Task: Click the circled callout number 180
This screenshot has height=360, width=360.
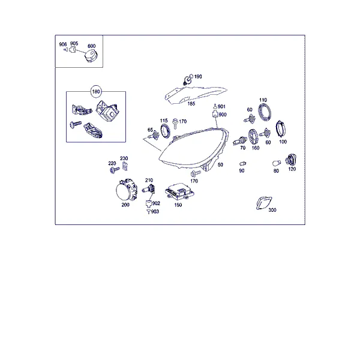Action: pos(96,92)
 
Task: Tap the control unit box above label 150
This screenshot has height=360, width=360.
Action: pos(179,191)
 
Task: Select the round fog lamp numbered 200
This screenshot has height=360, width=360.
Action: pos(127,190)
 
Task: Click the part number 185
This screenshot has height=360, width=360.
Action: pos(191,104)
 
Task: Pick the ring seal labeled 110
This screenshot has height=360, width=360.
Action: pos(265,112)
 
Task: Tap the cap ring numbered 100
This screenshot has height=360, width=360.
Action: pos(281,129)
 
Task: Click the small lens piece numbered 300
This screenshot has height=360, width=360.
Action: pos(263,203)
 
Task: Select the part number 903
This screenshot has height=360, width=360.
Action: pos(155,211)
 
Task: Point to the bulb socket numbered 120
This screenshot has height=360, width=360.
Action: pos(291,160)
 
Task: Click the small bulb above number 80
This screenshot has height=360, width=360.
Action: pos(277,163)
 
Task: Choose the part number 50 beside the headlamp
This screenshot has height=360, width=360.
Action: pos(220,164)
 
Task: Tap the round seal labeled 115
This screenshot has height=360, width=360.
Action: pos(166,131)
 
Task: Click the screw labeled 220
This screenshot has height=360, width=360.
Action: pos(115,170)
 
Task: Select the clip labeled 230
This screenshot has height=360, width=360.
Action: pos(125,166)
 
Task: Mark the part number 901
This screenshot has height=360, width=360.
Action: pos(221,107)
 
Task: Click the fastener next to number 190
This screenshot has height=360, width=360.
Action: pos(188,79)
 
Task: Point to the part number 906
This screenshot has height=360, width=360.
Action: pos(63,44)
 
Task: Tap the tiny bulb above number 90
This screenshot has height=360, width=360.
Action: pos(242,164)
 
